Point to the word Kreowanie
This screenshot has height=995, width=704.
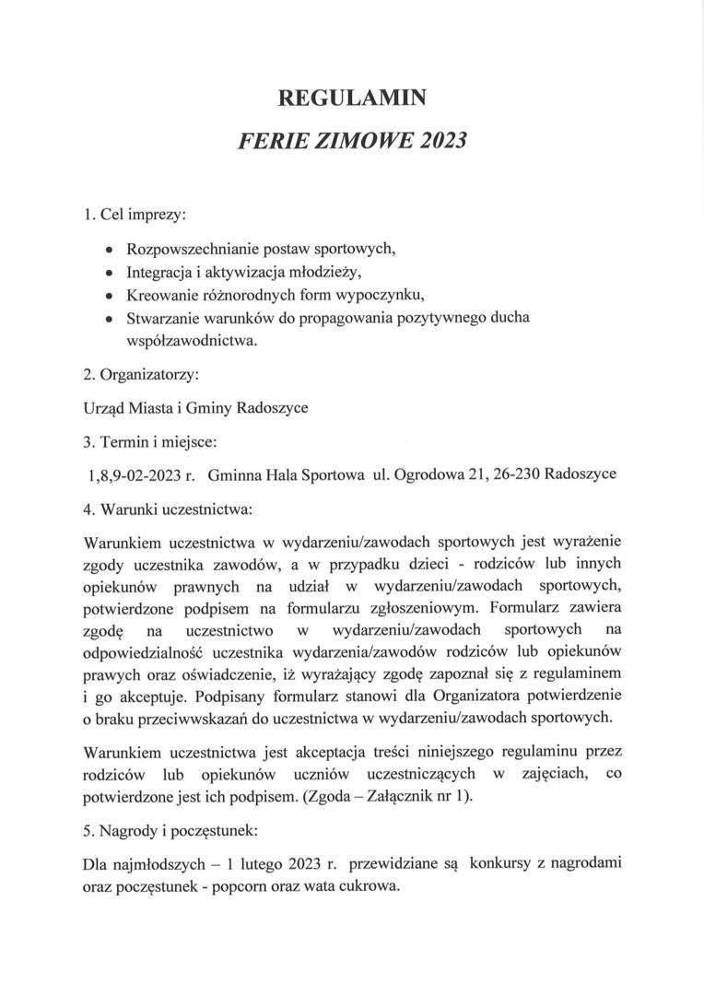point(158,297)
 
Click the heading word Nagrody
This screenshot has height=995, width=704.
point(127,830)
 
